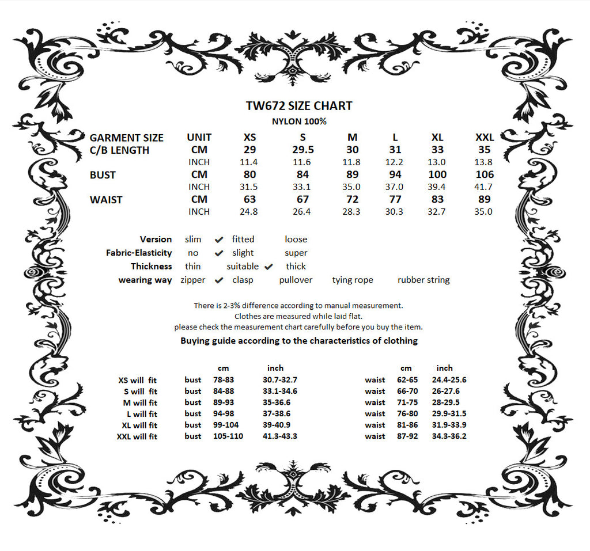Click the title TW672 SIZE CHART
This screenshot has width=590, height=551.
coord(298,106)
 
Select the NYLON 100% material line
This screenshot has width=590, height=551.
coord(298,121)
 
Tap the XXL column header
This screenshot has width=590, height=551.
coord(485,138)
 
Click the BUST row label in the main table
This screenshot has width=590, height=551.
coord(103,175)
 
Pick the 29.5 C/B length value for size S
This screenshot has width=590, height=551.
coord(302,150)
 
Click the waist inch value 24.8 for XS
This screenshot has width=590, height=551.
coord(249,212)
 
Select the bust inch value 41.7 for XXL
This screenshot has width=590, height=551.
coord(483,187)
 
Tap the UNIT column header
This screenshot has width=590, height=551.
coord(199,138)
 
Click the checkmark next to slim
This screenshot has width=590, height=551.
coord(219,240)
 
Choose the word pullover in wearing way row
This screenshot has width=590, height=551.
coord(296,280)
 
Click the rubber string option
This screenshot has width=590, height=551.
coord(423,280)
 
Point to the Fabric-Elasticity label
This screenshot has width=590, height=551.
coord(139,253)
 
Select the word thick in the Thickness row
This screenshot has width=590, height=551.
coord(296,267)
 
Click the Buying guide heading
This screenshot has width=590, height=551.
coord(298,341)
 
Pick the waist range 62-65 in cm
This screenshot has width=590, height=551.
coord(406,380)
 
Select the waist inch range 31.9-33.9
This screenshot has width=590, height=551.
coord(449,425)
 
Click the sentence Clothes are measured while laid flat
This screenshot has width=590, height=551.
coord(298,316)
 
